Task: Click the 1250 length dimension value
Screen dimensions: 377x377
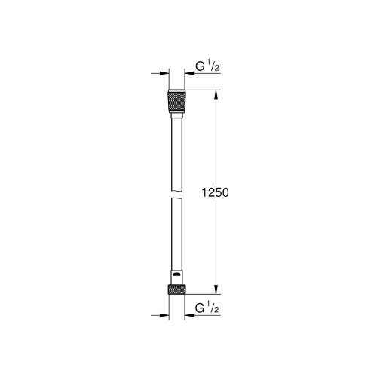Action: [x=215, y=193]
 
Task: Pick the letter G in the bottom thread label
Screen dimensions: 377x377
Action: [x=201, y=308]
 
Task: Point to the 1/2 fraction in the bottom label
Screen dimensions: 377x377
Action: [x=213, y=308]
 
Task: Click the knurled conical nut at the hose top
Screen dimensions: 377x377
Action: [x=176, y=102]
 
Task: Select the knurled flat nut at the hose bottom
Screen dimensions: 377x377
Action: [x=176, y=289]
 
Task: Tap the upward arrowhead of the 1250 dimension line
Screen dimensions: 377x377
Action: [x=217, y=95]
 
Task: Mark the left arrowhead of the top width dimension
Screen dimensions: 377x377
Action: [x=161, y=74]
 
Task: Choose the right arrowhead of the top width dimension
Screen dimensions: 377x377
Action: [x=189, y=74]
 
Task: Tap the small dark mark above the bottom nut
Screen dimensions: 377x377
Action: [x=176, y=274]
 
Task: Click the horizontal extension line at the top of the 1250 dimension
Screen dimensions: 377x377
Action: [x=204, y=91]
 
